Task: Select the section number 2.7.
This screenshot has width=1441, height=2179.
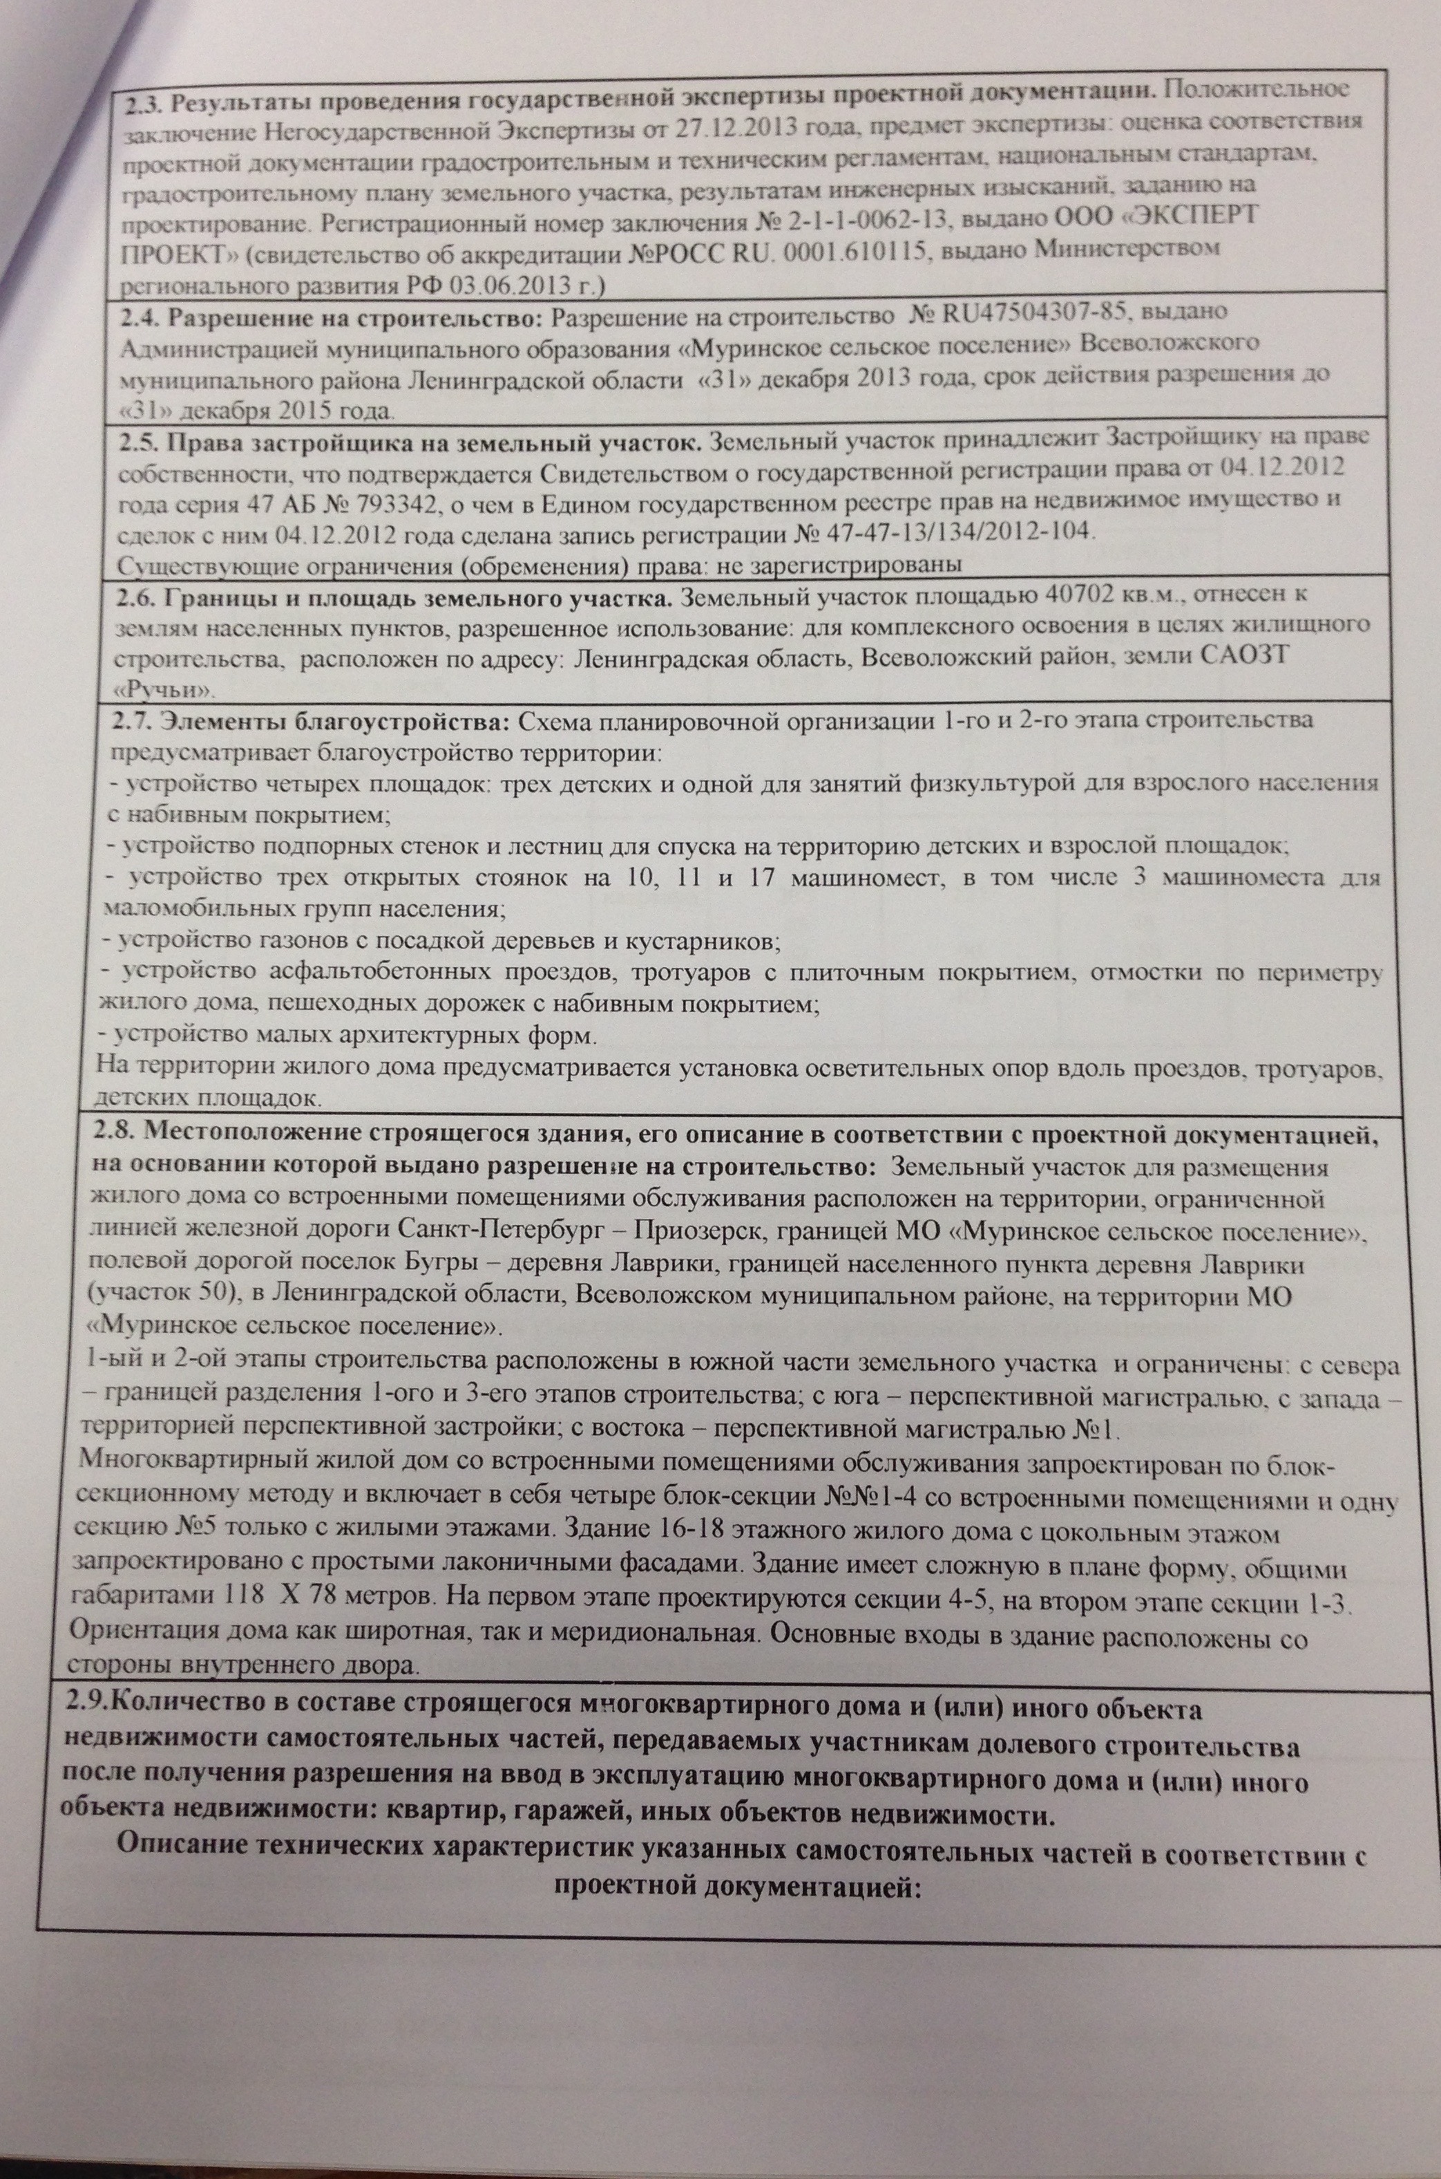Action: (x=136, y=719)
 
